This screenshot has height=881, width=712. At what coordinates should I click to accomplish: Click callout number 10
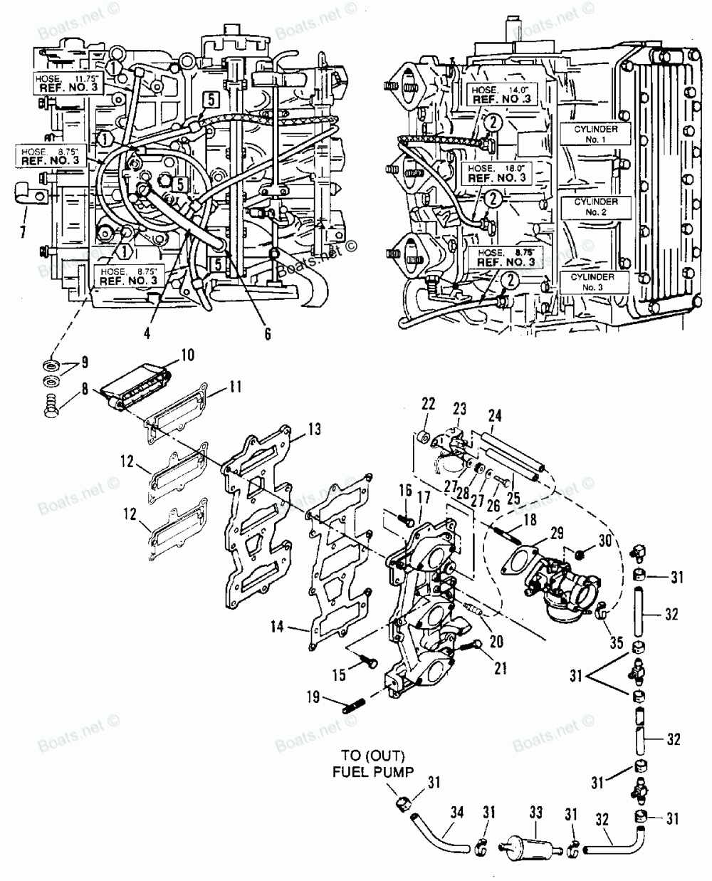[187, 354]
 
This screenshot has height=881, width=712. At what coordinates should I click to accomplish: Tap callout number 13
[315, 429]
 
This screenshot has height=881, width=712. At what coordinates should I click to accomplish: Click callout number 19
[314, 698]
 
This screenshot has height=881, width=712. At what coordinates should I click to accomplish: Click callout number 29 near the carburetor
[555, 532]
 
